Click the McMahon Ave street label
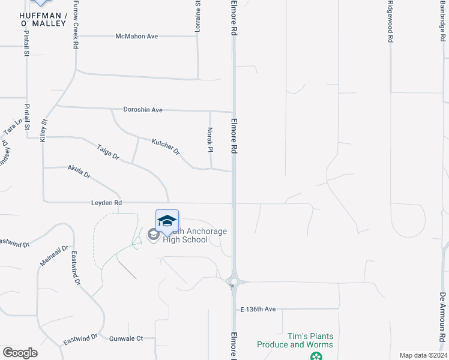[136, 37]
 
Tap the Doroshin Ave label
[143, 110]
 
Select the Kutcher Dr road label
[166, 145]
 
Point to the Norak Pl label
[210, 139]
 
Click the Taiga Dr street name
[109, 152]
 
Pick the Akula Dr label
[79, 172]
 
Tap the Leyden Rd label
[106, 203]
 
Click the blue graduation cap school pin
[167, 220]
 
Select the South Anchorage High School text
[185, 235]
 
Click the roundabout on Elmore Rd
[233, 281]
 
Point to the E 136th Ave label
[258, 309]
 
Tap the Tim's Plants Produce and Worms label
[295, 340]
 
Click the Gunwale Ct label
[126, 338]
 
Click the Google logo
[20, 352]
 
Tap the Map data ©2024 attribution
[423, 355]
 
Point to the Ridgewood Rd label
[390, 22]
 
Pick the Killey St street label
[43, 130]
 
